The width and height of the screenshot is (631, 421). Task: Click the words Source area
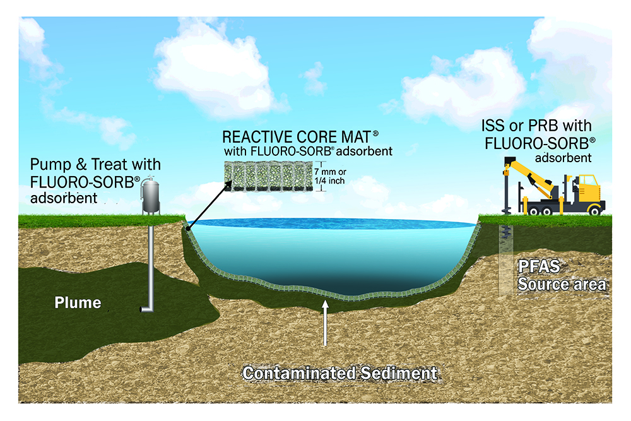pos(562,284)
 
